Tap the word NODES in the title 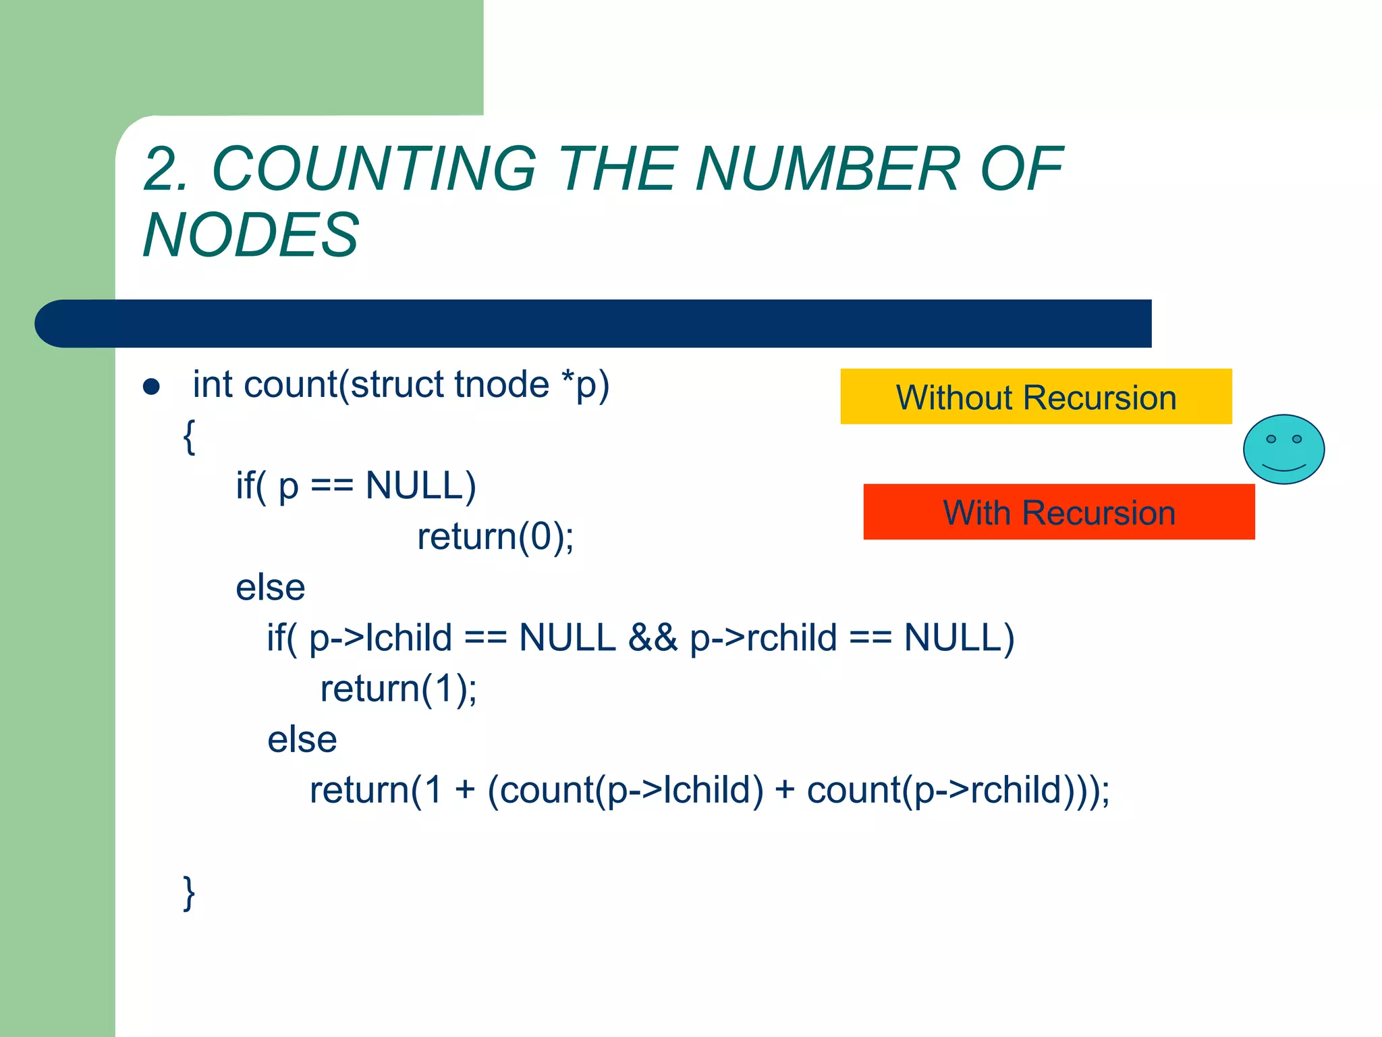[251, 235]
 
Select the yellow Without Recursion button [1036, 397]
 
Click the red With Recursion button [1059, 512]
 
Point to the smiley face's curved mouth [1283, 467]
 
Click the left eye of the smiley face [1271, 440]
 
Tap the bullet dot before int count [152, 387]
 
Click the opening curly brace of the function [190, 436]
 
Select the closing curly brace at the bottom [190, 893]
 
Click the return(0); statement [495, 537]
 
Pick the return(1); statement [398, 689]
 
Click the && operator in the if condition [652, 638]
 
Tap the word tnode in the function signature [502, 385]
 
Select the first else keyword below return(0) [270, 587]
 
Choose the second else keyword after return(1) [302, 739]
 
